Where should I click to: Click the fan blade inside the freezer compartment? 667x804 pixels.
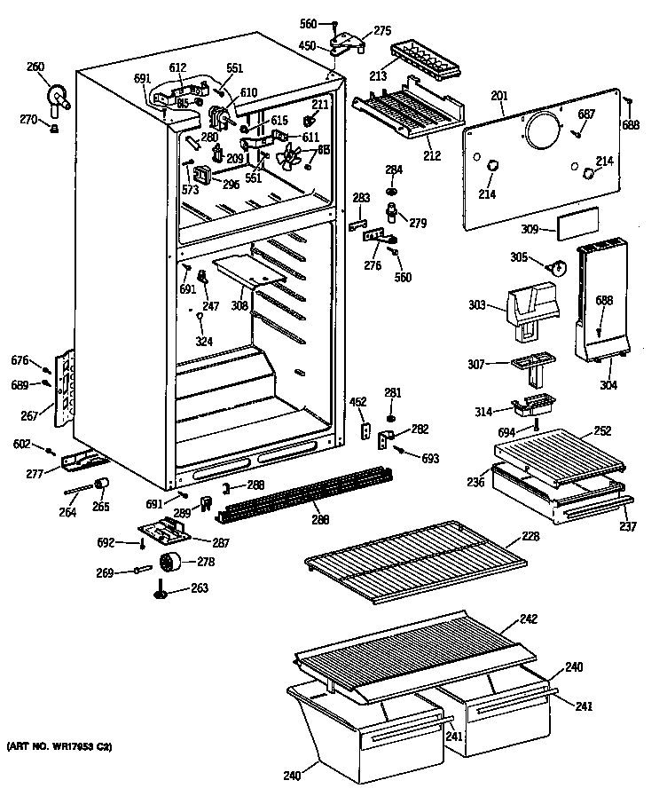pos(291,160)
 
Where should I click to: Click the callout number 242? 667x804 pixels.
pos(528,619)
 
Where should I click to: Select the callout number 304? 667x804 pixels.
pos(608,385)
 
